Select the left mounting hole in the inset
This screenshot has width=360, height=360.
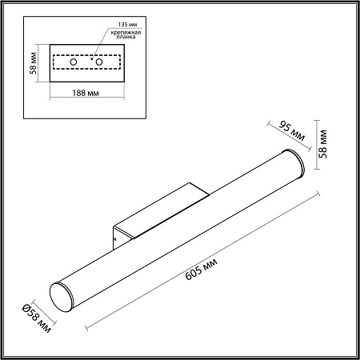coord(73,62)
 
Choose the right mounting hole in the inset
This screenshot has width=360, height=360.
coord(101,62)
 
